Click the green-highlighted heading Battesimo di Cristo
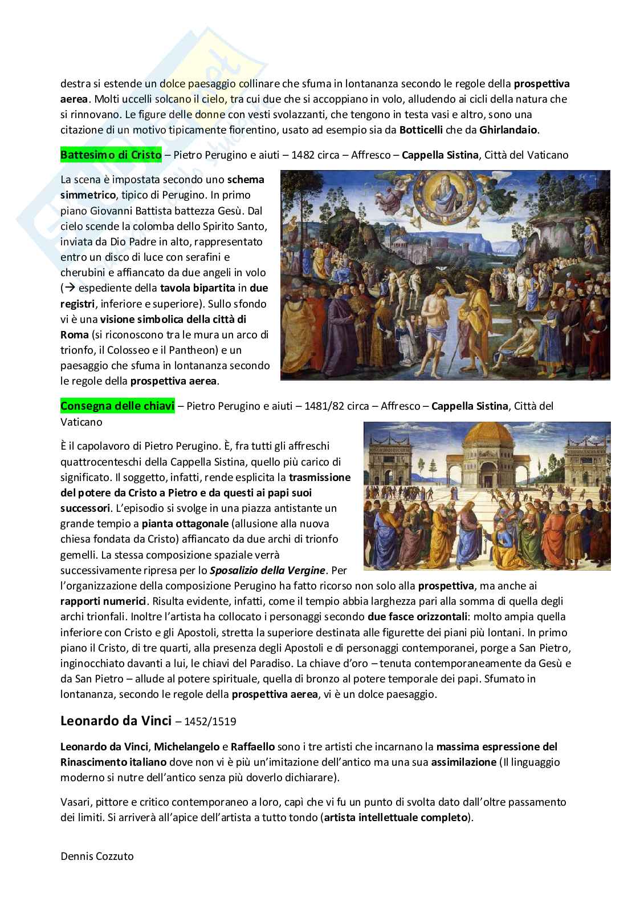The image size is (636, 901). point(111,155)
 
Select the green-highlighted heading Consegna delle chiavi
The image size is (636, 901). point(117,406)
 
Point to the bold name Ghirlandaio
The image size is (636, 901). point(508,130)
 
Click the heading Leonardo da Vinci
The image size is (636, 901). point(116,720)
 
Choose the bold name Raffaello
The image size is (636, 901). point(253,746)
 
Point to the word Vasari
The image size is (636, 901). point(75,802)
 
